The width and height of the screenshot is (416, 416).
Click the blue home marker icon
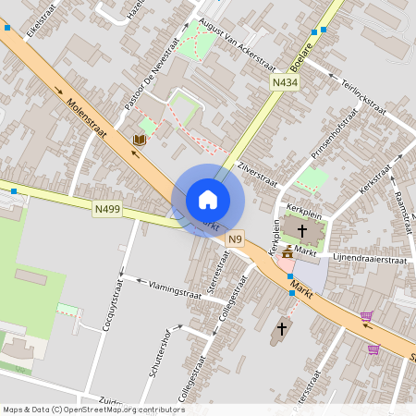pos(208,200)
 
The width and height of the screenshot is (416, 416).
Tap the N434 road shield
pos(285,83)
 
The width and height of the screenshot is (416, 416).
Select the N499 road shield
pos(107,210)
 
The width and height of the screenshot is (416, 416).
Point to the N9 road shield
pos(237,238)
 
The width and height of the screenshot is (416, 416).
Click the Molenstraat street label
pos(87,119)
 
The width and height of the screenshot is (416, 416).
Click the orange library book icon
pos(140,140)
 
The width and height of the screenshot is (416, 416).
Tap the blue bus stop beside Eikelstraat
pos(7,28)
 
